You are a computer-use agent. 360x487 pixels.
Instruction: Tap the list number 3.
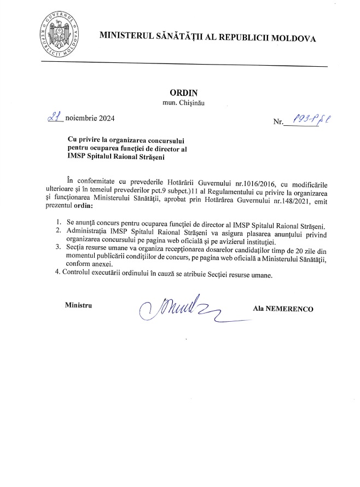(x=58, y=247)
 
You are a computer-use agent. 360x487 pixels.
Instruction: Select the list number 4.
(x=58, y=274)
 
